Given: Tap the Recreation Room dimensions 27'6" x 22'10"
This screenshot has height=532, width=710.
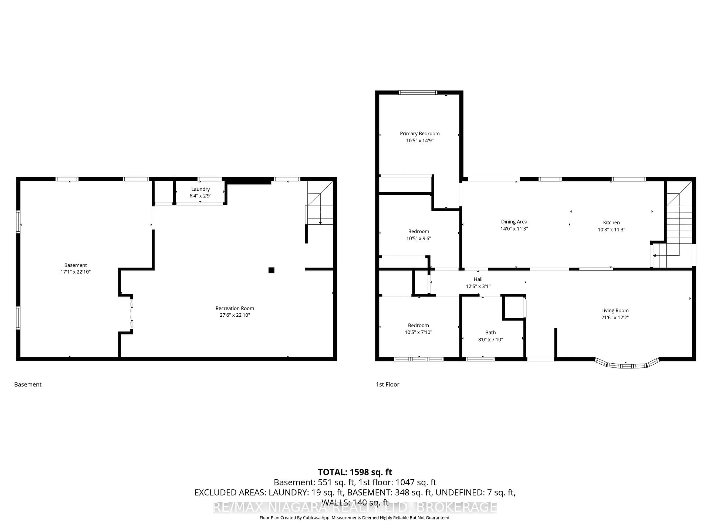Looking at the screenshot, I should click(x=235, y=315).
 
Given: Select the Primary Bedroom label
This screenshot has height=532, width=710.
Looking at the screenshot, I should click(x=420, y=133).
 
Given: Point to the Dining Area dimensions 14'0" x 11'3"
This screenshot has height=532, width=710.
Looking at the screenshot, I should click(x=514, y=229).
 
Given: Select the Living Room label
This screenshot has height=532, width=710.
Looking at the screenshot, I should click(x=615, y=310).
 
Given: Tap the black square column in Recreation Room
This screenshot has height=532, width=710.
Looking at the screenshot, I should click(x=271, y=270).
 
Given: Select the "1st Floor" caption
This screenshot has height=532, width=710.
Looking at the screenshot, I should click(x=387, y=384).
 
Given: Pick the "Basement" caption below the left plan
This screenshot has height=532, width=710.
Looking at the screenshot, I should click(x=28, y=384).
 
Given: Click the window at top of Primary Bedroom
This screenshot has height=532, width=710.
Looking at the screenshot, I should click(x=418, y=93).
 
